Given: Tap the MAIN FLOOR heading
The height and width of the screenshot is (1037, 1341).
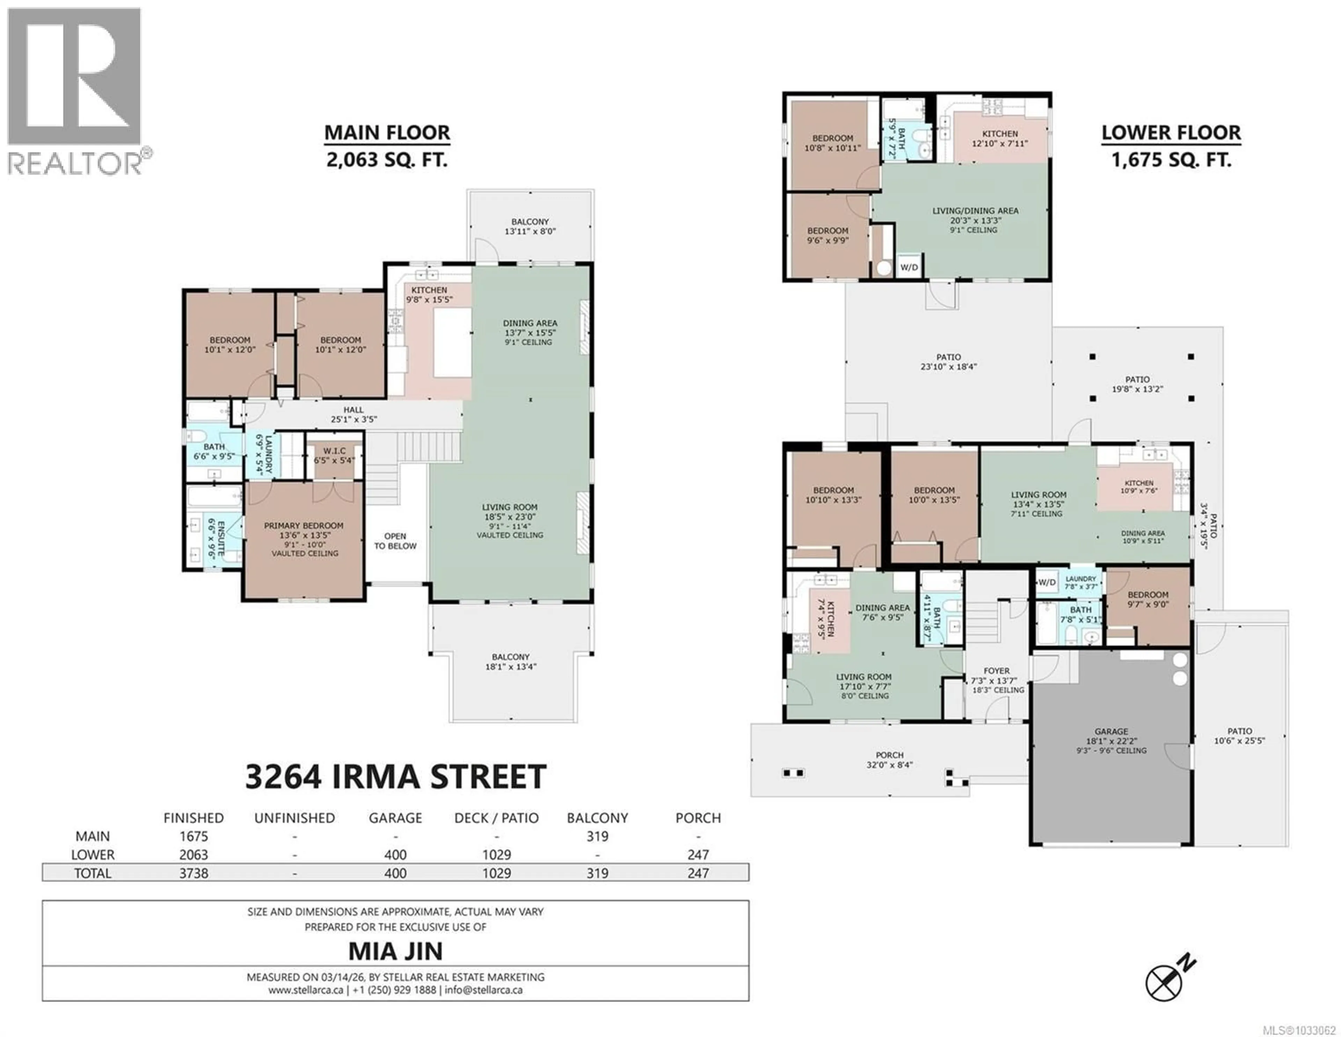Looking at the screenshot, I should [x=387, y=133].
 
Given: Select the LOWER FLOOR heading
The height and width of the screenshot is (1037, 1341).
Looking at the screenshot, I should [x=1171, y=133].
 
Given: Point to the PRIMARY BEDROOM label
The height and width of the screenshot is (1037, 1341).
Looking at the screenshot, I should [x=303, y=526].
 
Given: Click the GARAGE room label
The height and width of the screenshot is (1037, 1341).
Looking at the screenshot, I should [x=1111, y=731].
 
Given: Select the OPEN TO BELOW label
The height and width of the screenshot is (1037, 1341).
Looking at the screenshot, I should [x=395, y=541].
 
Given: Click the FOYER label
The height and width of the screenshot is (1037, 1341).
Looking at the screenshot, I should [x=996, y=671].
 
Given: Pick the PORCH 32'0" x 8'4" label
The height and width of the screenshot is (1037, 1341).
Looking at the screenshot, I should [x=889, y=759].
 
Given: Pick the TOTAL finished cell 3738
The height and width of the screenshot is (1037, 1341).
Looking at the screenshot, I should [x=193, y=873].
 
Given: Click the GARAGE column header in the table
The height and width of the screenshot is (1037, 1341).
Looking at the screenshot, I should [x=395, y=818].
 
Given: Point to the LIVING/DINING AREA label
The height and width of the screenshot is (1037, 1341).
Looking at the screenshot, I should [x=975, y=211].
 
